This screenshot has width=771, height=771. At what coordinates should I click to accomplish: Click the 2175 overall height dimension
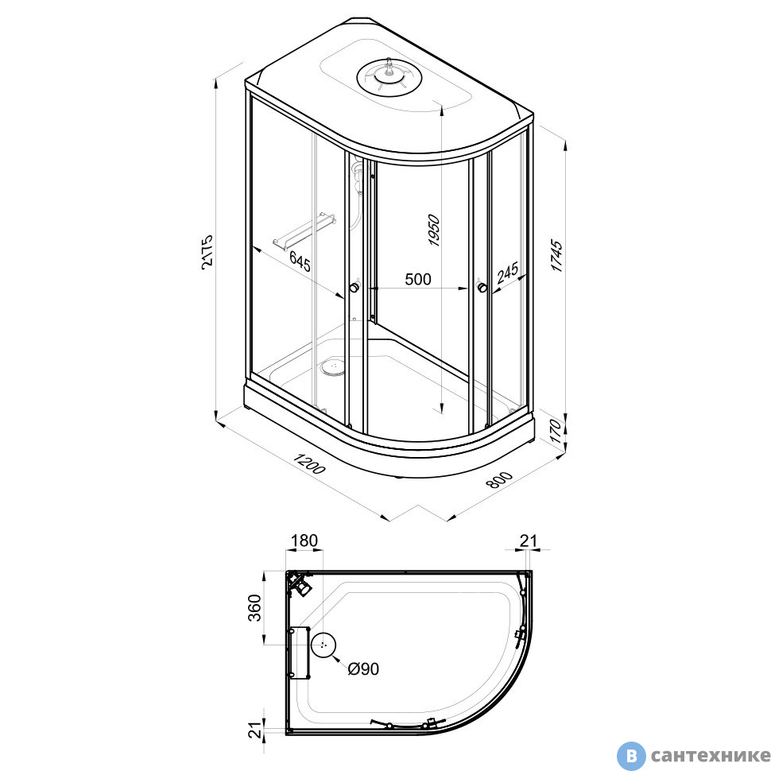(x=207, y=250)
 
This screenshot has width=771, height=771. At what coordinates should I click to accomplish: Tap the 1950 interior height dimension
(x=434, y=230)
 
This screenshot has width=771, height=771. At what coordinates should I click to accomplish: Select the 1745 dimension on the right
(x=556, y=255)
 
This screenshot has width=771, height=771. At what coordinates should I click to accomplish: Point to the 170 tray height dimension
(x=556, y=432)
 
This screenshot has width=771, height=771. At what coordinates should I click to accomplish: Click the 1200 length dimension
(x=309, y=463)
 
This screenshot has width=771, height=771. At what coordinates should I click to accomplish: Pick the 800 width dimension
(x=499, y=480)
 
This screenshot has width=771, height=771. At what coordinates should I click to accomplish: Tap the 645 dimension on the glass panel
(x=300, y=261)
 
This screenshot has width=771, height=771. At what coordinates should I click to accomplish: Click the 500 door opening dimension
(x=418, y=279)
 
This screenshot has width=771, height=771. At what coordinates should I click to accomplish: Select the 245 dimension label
(x=507, y=273)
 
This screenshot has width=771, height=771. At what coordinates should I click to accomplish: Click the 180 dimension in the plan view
(x=304, y=540)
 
